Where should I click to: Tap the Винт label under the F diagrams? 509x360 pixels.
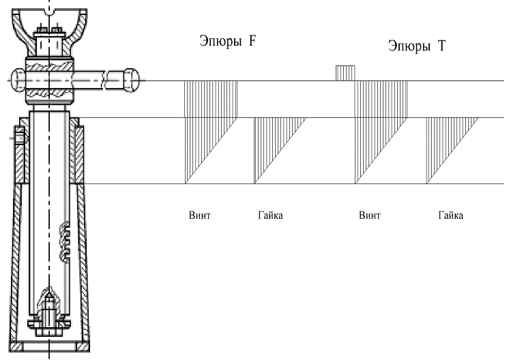[x=199, y=215]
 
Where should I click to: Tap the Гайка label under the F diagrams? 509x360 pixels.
[x=270, y=215]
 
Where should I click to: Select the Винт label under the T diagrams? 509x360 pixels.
[x=369, y=215]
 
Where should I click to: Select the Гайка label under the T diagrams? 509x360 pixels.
[x=450, y=215]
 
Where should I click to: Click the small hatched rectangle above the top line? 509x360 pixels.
[x=345, y=74]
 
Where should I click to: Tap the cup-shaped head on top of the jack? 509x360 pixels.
[x=49, y=20]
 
